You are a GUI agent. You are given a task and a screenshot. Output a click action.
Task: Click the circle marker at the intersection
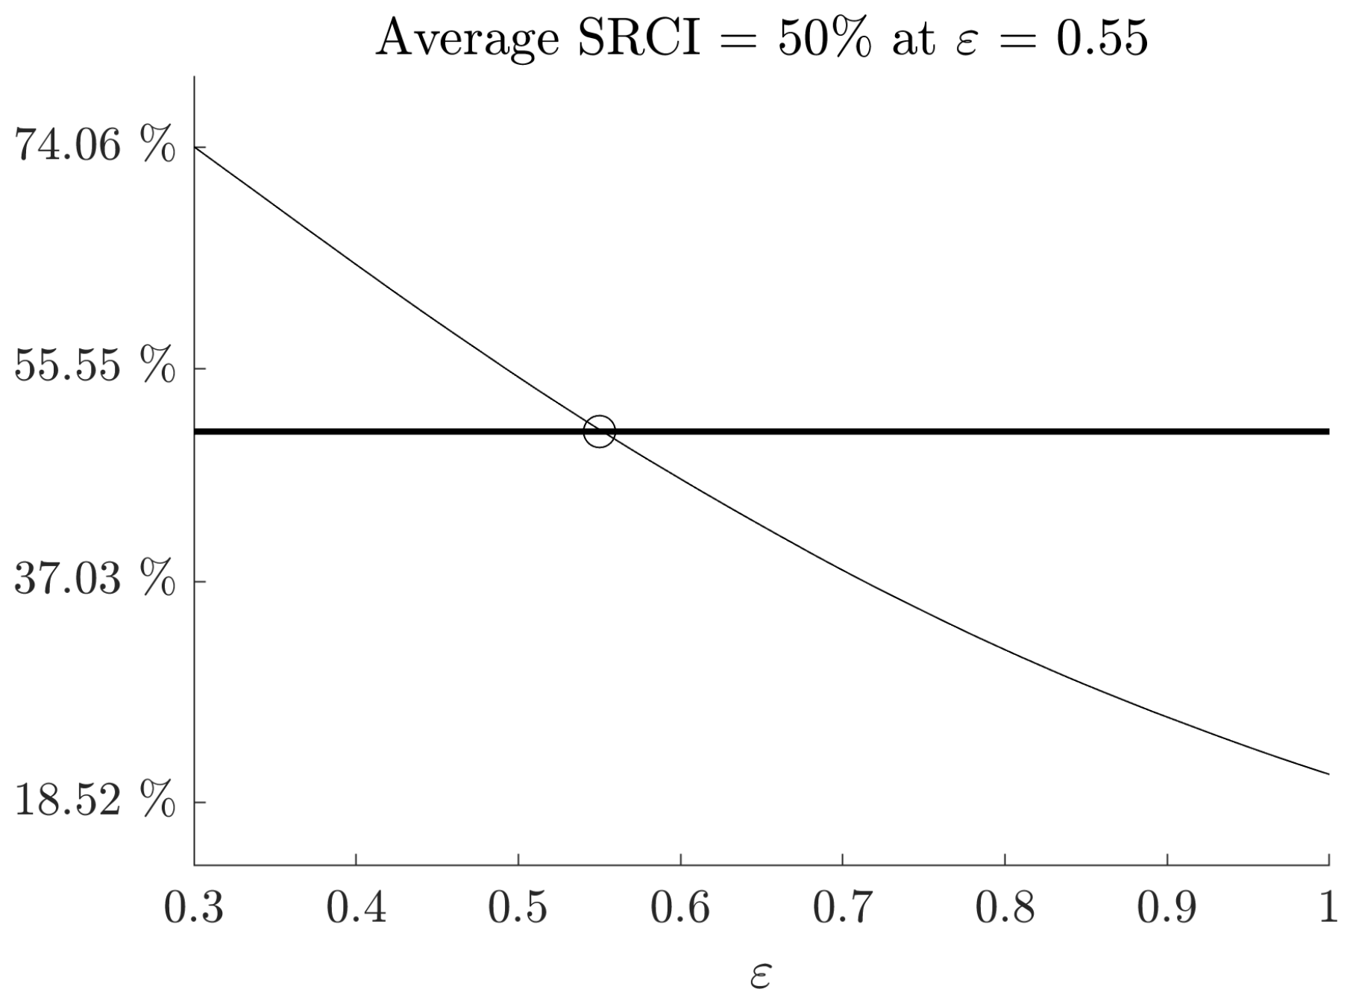pyautogui.click(x=599, y=431)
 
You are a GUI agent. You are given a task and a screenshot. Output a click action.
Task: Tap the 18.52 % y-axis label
pyautogui.click(x=95, y=800)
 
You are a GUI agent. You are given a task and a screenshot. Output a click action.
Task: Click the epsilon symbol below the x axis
pyautogui.click(x=761, y=976)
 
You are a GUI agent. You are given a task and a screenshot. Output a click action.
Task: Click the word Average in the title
pyautogui.click(x=468, y=39)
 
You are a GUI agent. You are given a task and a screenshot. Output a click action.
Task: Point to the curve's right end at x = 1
pyautogui.click(x=1328, y=774)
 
